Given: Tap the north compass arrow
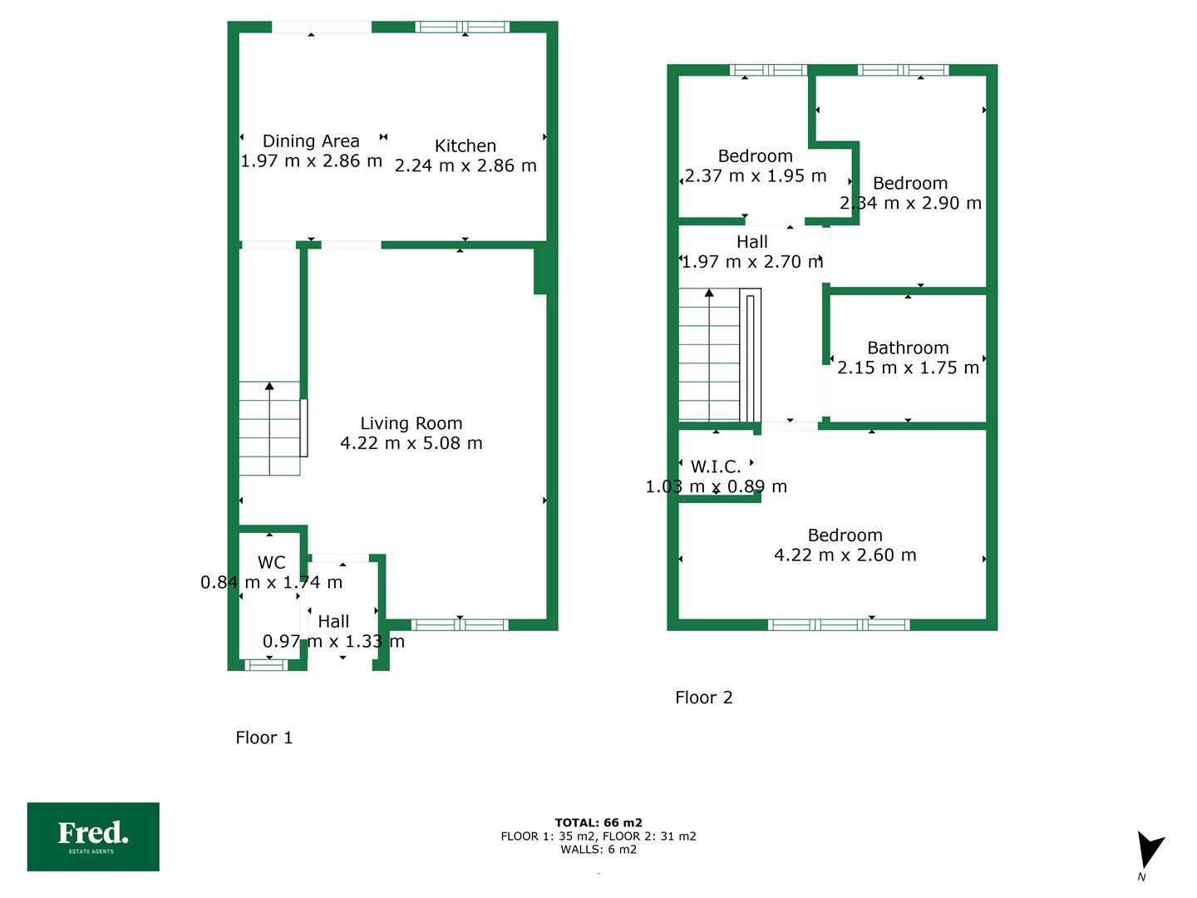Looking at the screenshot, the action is pyautogui.click(x=1149, y=850).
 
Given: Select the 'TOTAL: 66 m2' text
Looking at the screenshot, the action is pyautogui.click(x=598, y=822).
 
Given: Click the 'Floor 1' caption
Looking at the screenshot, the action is pyautogui.click(x=264, y=738).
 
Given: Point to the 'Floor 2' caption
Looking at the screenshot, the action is pyautogui.click(x=703, y=698).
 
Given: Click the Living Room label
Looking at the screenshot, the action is pyautogui.click(x=411, y=423).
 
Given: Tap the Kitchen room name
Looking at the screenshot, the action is pyautogui.click(x=465, y=146).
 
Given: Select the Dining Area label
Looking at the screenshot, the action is pyautogui.click(x=311, y=141).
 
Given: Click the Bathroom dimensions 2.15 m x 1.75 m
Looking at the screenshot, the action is pyautogui.click(x=908, y=368).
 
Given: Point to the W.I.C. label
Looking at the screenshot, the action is pyautogui.click(x=716, y=466).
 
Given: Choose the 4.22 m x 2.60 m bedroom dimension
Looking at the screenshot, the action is pyautogui.click(x=845, y=555).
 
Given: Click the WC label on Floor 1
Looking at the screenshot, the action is pyautogui.click(x=272, y=562).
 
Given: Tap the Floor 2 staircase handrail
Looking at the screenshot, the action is pyautogui.click(x=750, y=356).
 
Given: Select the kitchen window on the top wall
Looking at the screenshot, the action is pyautogui.click(x=462, y=27).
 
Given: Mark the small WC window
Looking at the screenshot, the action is pyautogui.click(x=265, y=664).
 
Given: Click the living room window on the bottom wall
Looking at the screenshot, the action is pyautogui.click(x=460, y=624).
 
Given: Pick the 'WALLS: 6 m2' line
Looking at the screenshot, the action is pyautogui.click(x=598, y=849).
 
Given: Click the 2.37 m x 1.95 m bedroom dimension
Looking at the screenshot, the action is pyautogui.click(x=756, y=175).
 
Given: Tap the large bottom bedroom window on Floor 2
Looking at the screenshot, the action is pyautogui.click(x=839, y=624).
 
